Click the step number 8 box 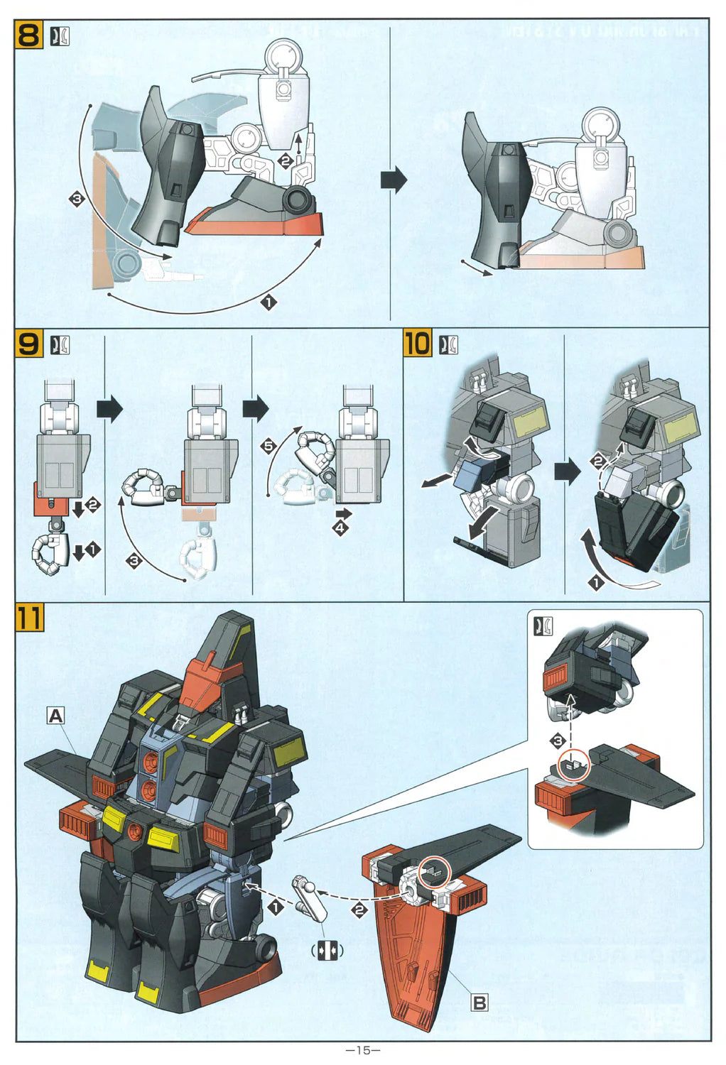[x=28, y=35]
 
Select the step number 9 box [x=28, y=344]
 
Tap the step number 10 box [x=417, y=343]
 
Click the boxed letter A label [x=55, y=716]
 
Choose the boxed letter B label [x=480, y=1003]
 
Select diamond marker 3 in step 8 [x=77, y=199]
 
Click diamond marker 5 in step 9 [x=268, y=446]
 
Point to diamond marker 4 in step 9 [x=341, y=528]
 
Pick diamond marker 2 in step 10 [x=598, y=461]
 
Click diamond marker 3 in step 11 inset [x=558, y=741]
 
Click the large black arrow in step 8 [x=394, y=180]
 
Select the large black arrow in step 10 [x=567, y=471]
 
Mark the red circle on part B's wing [x=434, y=872]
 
